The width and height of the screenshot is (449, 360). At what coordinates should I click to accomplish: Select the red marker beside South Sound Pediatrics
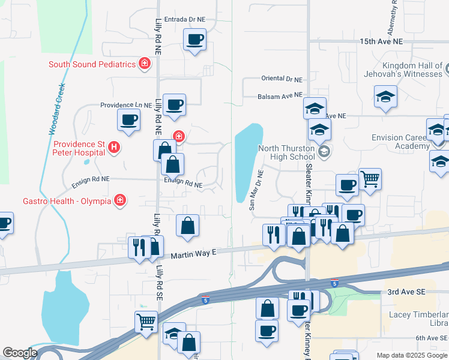144,64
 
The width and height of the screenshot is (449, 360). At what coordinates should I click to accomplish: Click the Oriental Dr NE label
282,79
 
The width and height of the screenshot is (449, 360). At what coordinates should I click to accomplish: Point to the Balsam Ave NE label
280,95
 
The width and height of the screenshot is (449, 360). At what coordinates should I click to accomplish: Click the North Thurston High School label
286,153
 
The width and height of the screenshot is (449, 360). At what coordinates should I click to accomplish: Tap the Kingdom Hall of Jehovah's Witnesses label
403,70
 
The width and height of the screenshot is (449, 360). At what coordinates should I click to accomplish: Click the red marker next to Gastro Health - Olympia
120,200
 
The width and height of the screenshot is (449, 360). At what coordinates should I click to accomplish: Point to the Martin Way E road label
193,254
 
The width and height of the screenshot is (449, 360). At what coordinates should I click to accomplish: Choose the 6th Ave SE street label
432,338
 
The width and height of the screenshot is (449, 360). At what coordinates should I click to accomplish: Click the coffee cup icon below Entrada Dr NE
194,40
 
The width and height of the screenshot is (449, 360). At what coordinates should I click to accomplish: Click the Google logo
20,353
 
